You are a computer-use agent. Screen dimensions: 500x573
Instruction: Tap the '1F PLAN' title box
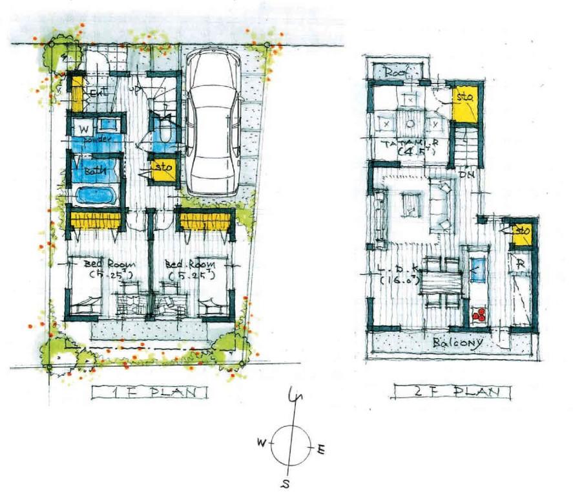tap(149, 392)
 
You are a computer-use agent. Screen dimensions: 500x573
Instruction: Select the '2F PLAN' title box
tap(452, 392)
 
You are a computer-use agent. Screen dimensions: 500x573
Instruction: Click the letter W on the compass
tap(262, 442)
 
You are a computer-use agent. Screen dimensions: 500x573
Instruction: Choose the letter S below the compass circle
tap(285, 484)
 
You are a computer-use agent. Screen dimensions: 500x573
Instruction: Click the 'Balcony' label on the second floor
tap(457, 342)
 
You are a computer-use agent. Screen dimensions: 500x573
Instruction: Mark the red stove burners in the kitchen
tap(479, 315)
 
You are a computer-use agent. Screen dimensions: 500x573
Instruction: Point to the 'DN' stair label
tap(463, 173)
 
